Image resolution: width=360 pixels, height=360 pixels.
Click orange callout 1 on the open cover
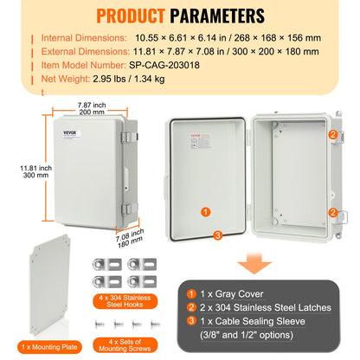204,211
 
